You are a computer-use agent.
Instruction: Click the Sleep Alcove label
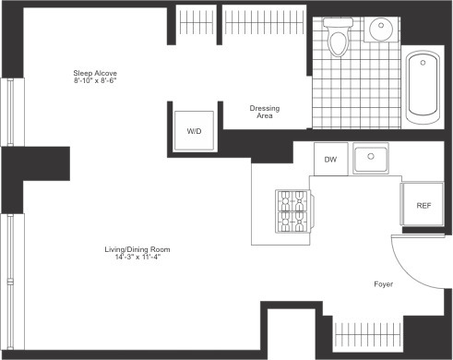click(95, 73)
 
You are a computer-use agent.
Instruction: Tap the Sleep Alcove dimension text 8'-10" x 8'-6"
click(95, 80)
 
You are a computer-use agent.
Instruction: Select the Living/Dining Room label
click(137, 249)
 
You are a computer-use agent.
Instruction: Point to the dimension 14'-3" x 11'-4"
click(137, 257)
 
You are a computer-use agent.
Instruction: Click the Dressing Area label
click(265, 112)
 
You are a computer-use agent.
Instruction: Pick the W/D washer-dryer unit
click(194, 131)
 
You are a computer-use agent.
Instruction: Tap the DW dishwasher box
click(330, 159)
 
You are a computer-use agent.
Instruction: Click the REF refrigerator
click(423, 204)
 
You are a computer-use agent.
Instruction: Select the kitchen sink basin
click(371, 158)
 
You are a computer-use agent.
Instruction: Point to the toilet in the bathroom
click(338, 37)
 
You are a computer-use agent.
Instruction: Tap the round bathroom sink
click(381, 29)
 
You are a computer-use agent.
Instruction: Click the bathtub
click(423, 88)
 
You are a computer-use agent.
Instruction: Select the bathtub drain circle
click(423, 63)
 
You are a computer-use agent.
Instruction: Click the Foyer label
click(384, 284)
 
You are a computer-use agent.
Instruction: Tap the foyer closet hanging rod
click(368, 334)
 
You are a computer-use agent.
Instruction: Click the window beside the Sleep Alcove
click(11, 112)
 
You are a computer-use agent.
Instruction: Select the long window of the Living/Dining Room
click(11, 282)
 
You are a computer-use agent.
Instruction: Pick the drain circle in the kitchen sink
click(371, 156)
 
